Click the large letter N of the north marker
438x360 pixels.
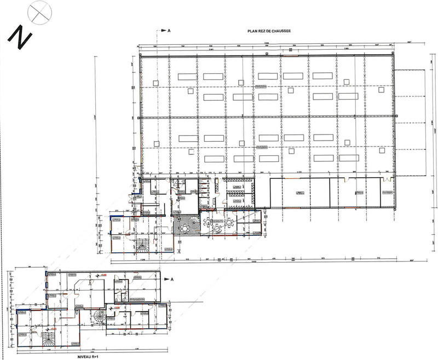tap(20, 39)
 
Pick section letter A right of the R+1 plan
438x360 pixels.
tap(172, 279)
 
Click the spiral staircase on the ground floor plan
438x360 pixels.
tap(187, 226)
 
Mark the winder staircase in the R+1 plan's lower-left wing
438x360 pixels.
tap(48, 338)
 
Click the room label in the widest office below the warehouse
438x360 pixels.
tap(298, 193)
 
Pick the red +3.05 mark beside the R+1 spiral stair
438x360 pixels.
tap(117, 308)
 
